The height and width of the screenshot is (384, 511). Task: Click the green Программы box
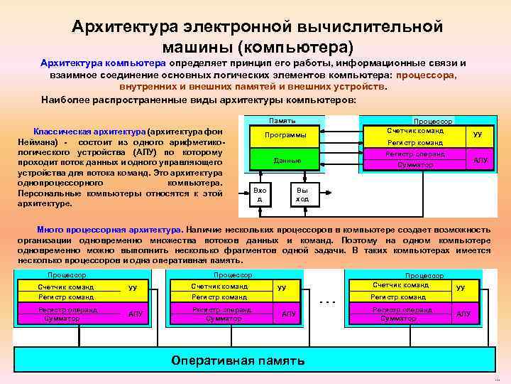coord(285,135)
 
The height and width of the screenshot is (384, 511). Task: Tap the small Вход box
coord(260,195)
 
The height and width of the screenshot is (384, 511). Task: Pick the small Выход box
coord(302,195)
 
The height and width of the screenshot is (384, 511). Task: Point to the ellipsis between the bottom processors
coord(326,302)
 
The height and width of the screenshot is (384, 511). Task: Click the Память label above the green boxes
coord(283,121)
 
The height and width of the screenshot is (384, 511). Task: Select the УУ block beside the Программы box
coord(477,134)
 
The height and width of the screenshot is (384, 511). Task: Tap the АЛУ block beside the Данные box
coord(480,161)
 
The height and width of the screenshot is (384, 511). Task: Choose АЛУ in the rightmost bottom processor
coord(463,314)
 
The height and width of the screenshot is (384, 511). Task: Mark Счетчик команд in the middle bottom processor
coord(219,287)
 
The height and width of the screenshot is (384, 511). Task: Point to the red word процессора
coord(427,75)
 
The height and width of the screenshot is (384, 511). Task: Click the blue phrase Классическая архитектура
coord(89,132)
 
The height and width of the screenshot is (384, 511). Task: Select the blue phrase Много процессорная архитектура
coord(109,230)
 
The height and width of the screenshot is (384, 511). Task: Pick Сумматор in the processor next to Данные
coord(414,165)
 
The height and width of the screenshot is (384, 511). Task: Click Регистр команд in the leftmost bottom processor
coord(66,297)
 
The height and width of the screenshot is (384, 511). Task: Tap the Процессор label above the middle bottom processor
coord(233,275)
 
